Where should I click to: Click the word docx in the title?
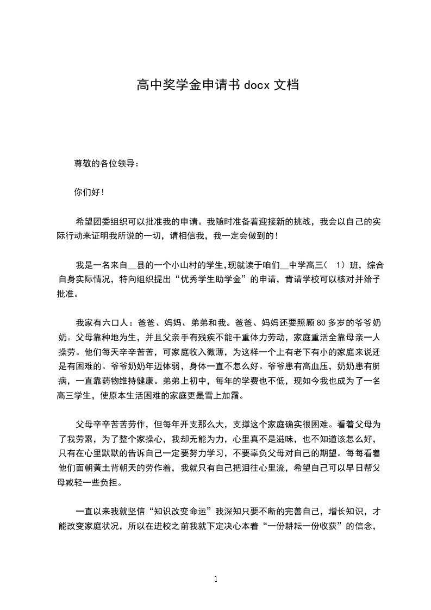click(x=256, y=85)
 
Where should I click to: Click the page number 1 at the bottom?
click(x=216, y=579)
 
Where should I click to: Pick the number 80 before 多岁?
click(x=320, y=321)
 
